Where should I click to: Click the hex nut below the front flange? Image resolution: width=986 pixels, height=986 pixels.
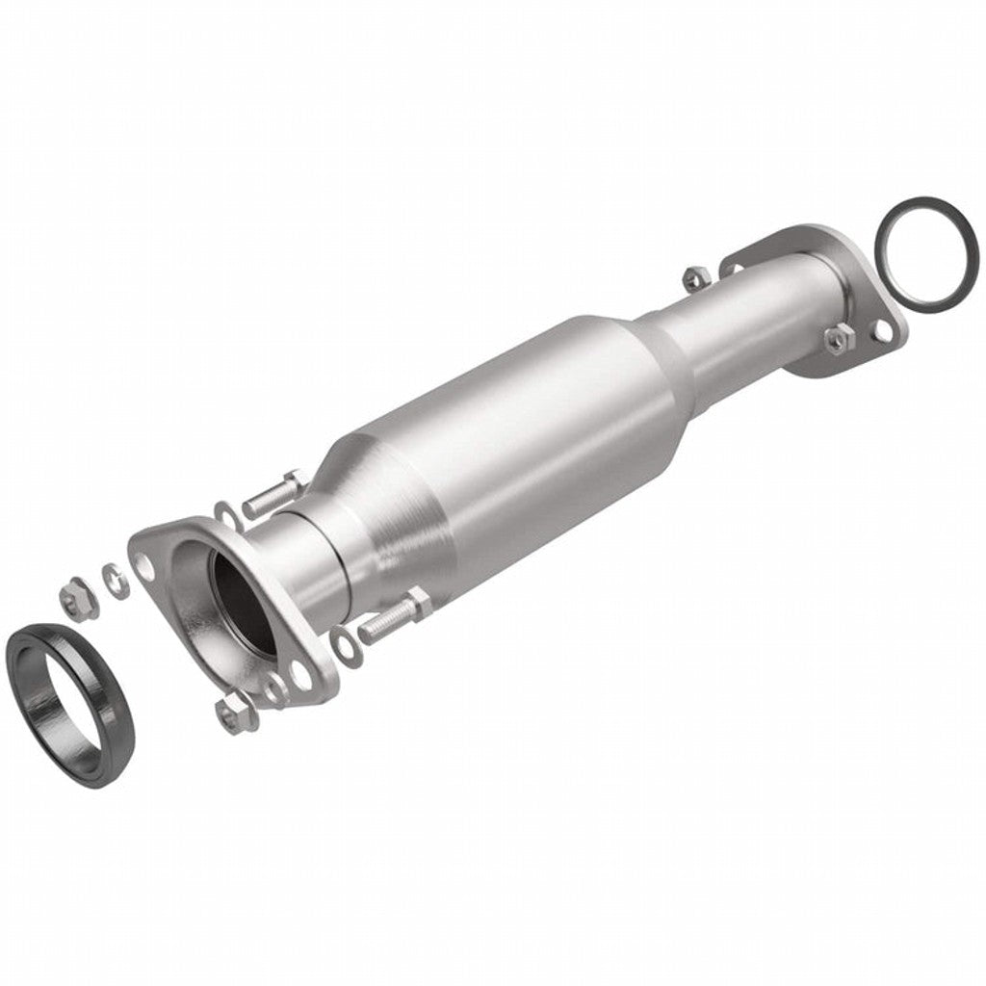point(230,713)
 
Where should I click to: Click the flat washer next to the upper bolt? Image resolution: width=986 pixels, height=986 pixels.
point(225,514)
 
